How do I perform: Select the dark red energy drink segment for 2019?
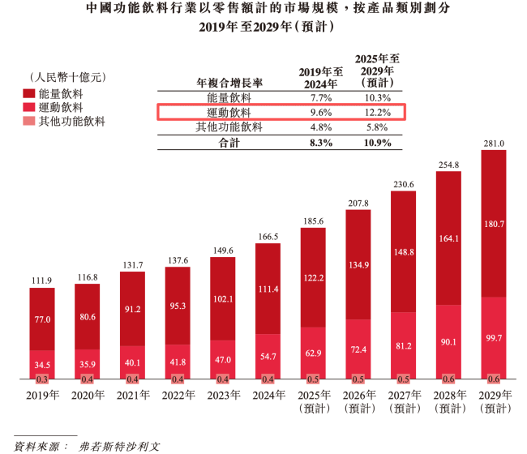click(42, 319)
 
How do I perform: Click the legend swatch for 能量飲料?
click(28, 93)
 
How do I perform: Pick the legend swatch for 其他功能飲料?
click(28, 122)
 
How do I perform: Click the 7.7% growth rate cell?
click(316, 97)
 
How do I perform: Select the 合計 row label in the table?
click(229, 143)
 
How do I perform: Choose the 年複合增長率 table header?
click(229, 84)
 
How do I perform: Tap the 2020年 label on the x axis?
click(87, 396)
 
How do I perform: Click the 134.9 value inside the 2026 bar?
click(358, 264)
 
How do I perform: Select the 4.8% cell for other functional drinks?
click(316, 127)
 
